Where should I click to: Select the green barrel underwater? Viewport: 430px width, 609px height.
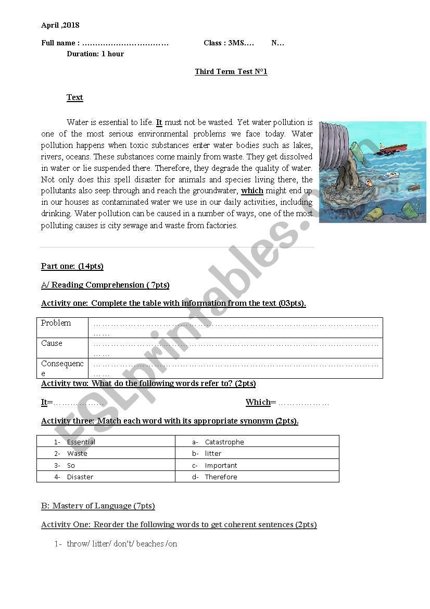point(409,209)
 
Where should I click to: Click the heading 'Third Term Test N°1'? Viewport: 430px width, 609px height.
point(231,71)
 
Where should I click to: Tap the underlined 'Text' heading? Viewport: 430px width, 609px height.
point(75,97)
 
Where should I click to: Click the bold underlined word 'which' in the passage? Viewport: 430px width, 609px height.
point(252,191)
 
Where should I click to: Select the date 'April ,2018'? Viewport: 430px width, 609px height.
point(60,25)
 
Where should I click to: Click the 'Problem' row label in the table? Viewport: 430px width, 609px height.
point(56,323)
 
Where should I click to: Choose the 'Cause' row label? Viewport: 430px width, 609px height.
point(52,343)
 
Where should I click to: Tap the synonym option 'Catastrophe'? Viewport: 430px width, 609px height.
point(224,442)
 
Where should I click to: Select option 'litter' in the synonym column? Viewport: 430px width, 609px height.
point(213,453)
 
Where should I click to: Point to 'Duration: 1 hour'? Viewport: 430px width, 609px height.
point(95,54)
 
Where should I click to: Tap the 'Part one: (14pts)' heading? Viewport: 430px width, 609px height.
point(72,266)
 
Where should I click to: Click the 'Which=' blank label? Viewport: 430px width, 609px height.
point(258,402)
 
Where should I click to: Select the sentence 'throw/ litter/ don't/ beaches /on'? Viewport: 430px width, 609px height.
point(122,543)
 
